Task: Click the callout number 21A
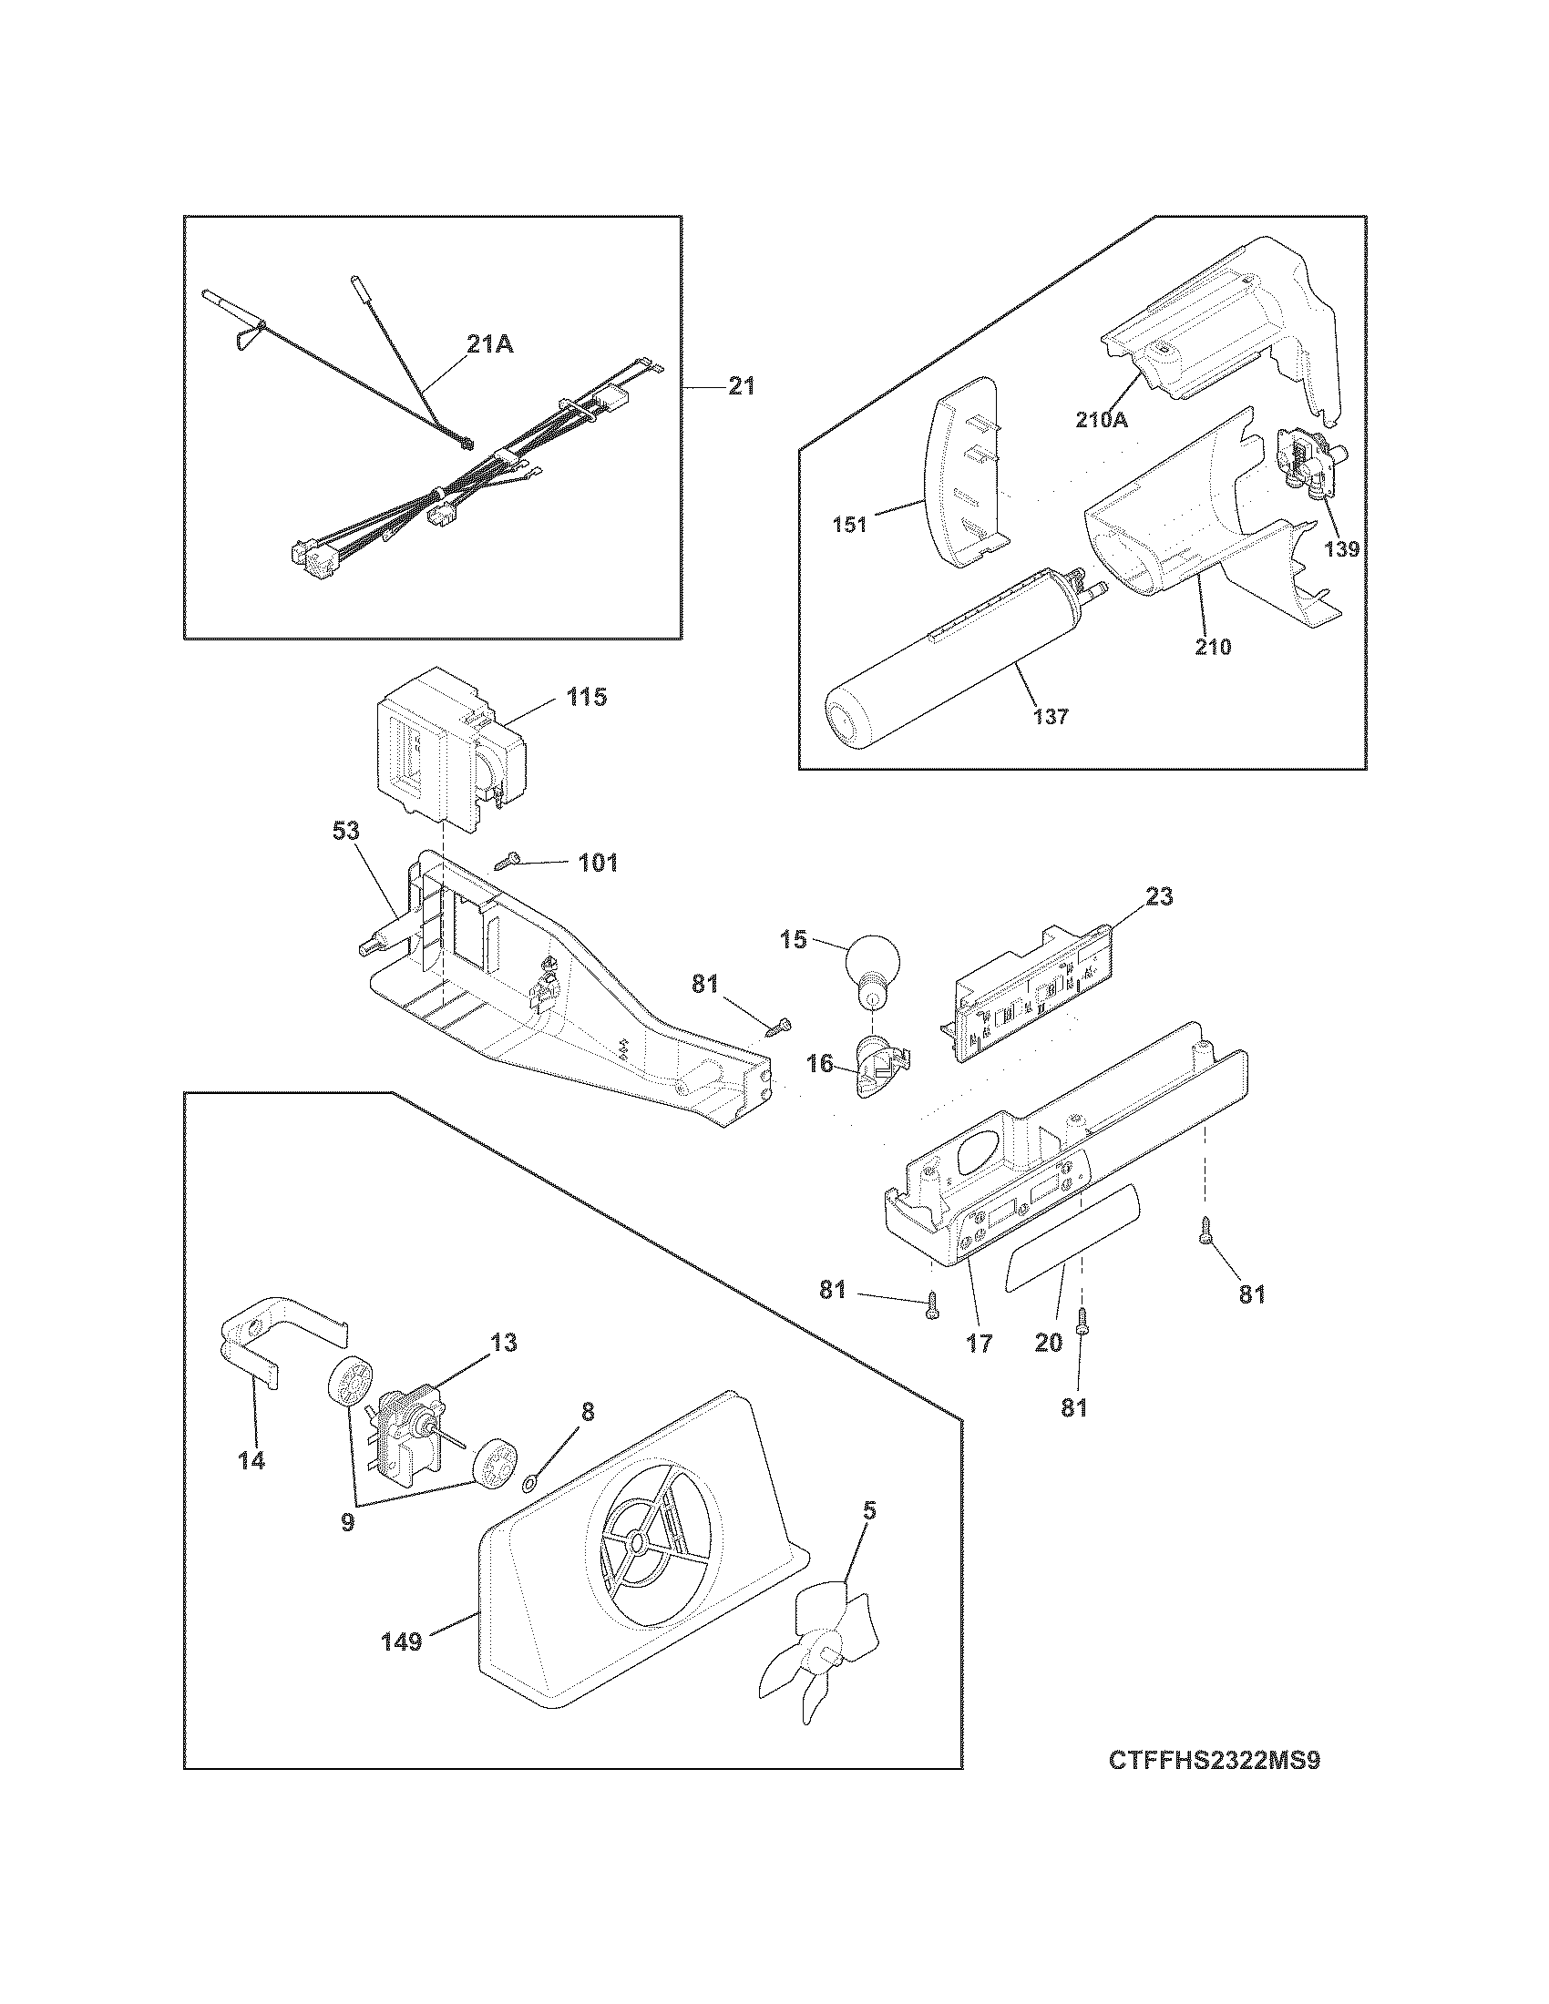pyautogui.click(x=490, y=345)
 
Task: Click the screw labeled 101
pyautogui.click(x=508, y=861)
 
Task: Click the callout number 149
pyautogui.click(x=402, y=1641)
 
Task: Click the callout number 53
pyautogui.click(x=347, y=832)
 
